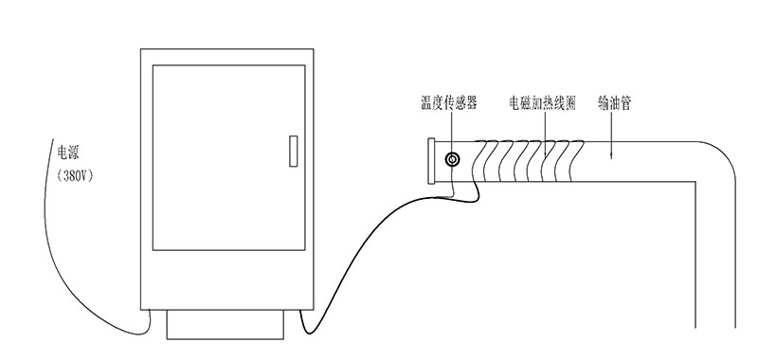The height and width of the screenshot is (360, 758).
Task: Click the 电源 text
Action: click(69, 152)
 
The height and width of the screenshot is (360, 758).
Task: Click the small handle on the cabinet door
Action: click(293, 152)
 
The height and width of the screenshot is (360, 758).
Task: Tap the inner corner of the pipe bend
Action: click(695, 182)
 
